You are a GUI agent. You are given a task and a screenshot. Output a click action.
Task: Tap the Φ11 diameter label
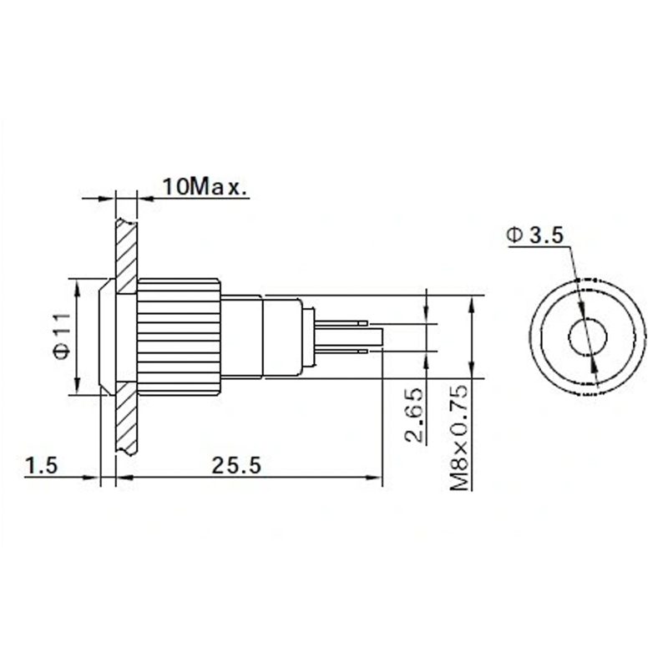(x=62, y=336)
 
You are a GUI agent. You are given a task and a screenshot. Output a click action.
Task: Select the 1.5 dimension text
(x=41, y=465)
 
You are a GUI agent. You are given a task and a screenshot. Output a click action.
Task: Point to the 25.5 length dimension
(x=236, y=465)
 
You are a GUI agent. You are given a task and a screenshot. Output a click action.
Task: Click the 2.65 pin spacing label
(x=415, y=414)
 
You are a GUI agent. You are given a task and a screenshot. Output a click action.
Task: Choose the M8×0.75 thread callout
(x=460, y=437)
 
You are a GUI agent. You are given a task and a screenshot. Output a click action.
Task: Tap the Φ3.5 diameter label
(x=535, y=235)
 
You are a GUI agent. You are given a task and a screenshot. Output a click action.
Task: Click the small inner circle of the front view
(x=588, y=337)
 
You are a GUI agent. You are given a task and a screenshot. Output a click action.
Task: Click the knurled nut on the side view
(x=179, y=336)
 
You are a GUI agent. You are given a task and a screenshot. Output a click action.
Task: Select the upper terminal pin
(x=342, y=323)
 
